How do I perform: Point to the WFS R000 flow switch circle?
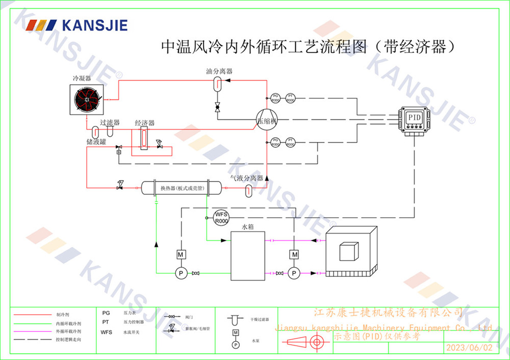(x=220, y=217)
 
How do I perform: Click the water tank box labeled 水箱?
(x=248, y=255)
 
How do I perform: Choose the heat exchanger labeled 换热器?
(x=182, y=188)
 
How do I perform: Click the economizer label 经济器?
(x=145, y=123)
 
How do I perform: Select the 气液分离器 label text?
(x=246, y=178)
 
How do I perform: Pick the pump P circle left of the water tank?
(x=180, y=273)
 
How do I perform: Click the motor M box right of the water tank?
(x=294, y=254)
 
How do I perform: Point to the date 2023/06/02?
(x=470, y=348)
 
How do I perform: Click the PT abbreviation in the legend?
(x=106, y=322)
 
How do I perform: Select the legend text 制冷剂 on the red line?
(x=62, y=315)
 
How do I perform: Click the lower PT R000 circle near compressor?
(x=290, y=142)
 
